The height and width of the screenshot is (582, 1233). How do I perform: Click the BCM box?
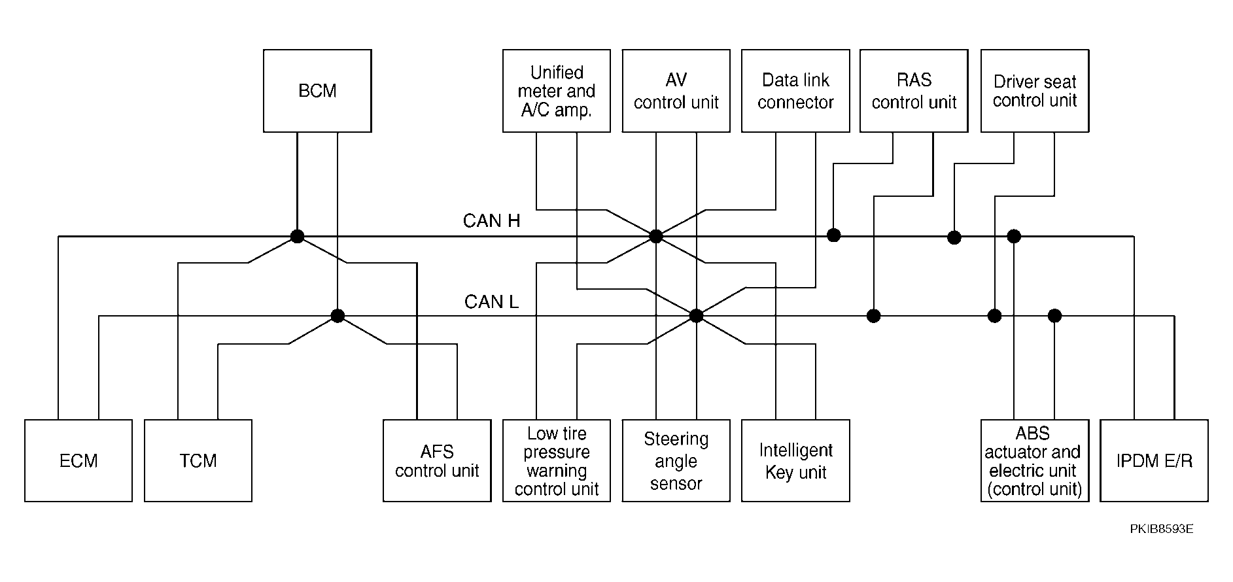click(x=317, y=91)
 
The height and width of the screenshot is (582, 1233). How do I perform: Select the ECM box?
click(x=78, y=460)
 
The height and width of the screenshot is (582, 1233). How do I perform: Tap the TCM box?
click(x=198, y=460)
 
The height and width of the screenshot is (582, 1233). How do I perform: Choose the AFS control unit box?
click(x=437, y=460)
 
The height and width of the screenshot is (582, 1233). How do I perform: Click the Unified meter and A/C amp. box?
click(x=557, y=91)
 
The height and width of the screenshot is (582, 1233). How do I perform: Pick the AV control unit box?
click(x=676, y=91)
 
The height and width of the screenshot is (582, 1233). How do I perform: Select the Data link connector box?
click(x=795, y=91)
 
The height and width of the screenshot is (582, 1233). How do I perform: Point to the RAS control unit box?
click(x=914, y=91)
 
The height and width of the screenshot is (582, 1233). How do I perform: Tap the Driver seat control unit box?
click(x=1035, y=91)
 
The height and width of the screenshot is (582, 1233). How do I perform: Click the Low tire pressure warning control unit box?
click(x=557, y=460)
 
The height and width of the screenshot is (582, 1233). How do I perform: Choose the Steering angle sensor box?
click(x=676, y=460)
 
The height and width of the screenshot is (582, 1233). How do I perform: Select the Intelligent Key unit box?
click(x=795, y=460)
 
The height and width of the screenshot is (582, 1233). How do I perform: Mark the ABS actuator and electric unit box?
click(x=1035, y=460)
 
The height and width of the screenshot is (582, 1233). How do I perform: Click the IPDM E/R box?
click(x=1154, y=460)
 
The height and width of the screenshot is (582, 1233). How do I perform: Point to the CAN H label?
click(x=491, y=221)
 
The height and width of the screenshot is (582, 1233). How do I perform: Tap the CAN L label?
click(x=491, y=301)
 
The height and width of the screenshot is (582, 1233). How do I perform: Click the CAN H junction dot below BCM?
click(x=297, y=236)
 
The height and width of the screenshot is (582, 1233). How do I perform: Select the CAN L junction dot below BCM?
click(x=338, y=316)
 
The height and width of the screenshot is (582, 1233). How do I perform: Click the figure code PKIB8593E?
click(x=1161, y=528)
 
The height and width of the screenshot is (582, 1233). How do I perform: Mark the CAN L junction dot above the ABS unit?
click(x=1054, y=316)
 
